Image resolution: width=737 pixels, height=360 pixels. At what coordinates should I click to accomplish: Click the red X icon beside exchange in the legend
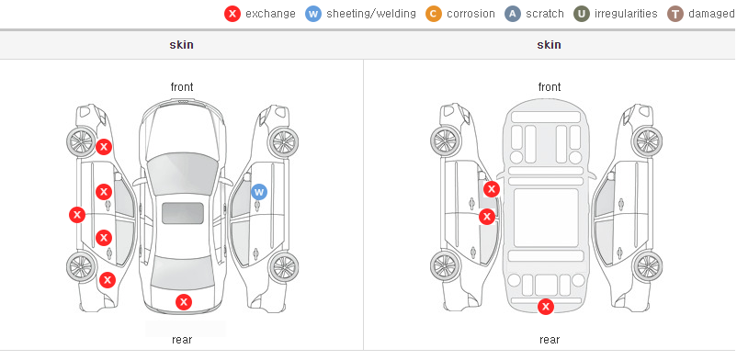(x=232, y=14)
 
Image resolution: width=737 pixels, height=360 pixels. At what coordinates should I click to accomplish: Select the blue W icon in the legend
(x=313, y=14)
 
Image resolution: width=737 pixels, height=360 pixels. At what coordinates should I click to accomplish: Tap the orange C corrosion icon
(x=434, y=14)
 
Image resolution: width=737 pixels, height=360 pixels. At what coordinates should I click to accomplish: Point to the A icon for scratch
(x=513, y=14)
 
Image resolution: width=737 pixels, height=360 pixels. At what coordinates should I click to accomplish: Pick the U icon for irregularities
(x=582, y=14)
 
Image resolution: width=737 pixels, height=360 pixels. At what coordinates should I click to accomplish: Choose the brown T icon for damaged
(x=675, y=14)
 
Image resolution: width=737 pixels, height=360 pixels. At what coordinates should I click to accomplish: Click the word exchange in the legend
(x=270, y=14)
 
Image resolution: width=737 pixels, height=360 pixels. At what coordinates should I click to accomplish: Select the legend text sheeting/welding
(x=371, y=14)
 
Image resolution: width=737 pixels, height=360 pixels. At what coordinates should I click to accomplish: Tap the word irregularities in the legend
(x=626, y=14)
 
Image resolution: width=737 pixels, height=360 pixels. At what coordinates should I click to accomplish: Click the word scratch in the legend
(x=545, y=14)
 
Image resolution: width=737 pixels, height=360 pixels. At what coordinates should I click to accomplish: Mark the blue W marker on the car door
(x=259, y=192)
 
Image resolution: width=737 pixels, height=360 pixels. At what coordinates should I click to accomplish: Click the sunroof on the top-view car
(x=183, y=213)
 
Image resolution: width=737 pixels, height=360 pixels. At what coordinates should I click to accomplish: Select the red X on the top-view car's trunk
(x=184, y=302)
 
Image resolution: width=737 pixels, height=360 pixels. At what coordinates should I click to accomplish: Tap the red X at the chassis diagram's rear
(x=546, y=307)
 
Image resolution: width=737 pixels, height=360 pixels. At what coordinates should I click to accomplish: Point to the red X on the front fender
(x=104, y=147)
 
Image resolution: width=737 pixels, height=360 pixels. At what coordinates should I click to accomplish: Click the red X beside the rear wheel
(x=108, y=281)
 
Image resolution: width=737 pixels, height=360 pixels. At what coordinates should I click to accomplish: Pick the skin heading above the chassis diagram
(x=549, y=45)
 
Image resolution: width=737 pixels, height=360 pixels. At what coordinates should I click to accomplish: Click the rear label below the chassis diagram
(x=550, y=340)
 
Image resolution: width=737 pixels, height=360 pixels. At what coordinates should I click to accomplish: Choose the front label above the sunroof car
(x=182, y=87)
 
